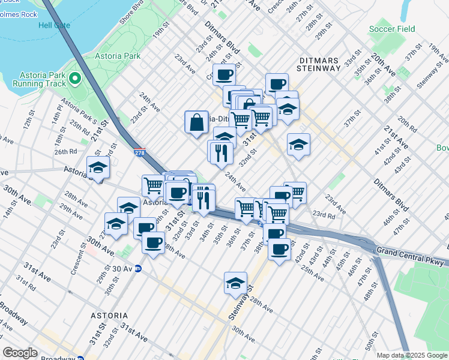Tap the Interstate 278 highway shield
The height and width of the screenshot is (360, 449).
139,154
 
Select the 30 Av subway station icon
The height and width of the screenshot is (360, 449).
137,269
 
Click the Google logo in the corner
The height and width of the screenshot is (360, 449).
20,353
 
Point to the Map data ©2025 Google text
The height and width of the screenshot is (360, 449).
411,355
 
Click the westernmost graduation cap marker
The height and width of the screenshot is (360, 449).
98,169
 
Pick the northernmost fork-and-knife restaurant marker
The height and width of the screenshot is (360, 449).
220,152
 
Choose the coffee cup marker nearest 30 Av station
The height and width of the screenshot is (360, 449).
153,243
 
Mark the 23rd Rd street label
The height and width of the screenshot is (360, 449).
323,215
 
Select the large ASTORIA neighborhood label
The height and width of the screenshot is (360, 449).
109,315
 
